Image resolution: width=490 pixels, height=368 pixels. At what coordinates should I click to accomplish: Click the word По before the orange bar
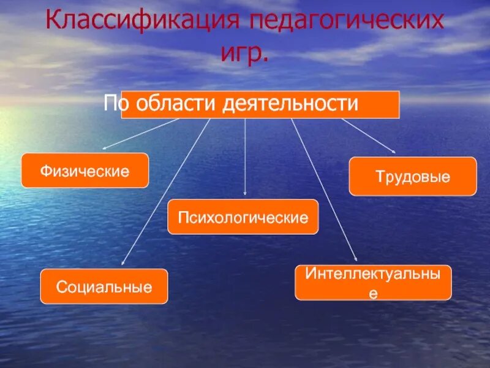[114, 103]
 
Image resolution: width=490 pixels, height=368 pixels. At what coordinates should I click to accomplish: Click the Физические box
[85, 171]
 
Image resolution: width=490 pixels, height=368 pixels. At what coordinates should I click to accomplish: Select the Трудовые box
[412, 177]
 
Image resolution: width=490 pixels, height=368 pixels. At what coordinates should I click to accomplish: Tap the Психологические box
[243, 217]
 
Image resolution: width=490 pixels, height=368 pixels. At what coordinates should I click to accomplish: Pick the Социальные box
[104, 286]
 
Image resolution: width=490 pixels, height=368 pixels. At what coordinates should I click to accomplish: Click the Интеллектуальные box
[373, 283]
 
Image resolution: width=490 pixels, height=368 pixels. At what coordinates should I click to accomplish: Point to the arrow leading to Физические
[140, 133]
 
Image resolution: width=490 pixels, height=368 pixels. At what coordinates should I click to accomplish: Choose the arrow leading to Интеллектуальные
[324, 190]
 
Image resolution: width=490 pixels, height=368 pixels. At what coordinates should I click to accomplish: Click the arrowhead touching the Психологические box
[245, 196]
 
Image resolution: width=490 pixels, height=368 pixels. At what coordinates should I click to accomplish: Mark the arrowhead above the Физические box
[104, 148]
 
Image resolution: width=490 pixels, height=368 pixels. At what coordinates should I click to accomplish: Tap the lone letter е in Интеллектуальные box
[373, 293]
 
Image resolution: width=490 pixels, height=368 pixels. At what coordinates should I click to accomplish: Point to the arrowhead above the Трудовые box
[394, 151]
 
